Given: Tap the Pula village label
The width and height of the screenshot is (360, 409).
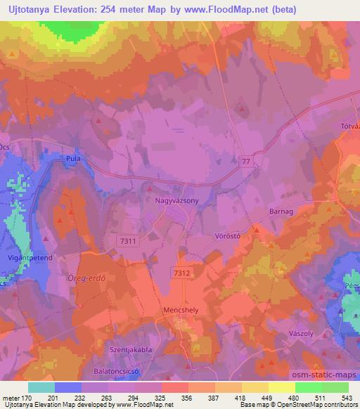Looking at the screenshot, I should pyautogui.click(x=74, y=158).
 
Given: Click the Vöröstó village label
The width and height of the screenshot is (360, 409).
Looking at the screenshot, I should pyautogui.click(x=227, y=237).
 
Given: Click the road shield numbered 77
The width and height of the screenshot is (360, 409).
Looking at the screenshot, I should pyautogui.click(x=243, y=161).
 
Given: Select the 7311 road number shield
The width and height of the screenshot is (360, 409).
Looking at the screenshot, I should pyautogui.click(x=127, y=240).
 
